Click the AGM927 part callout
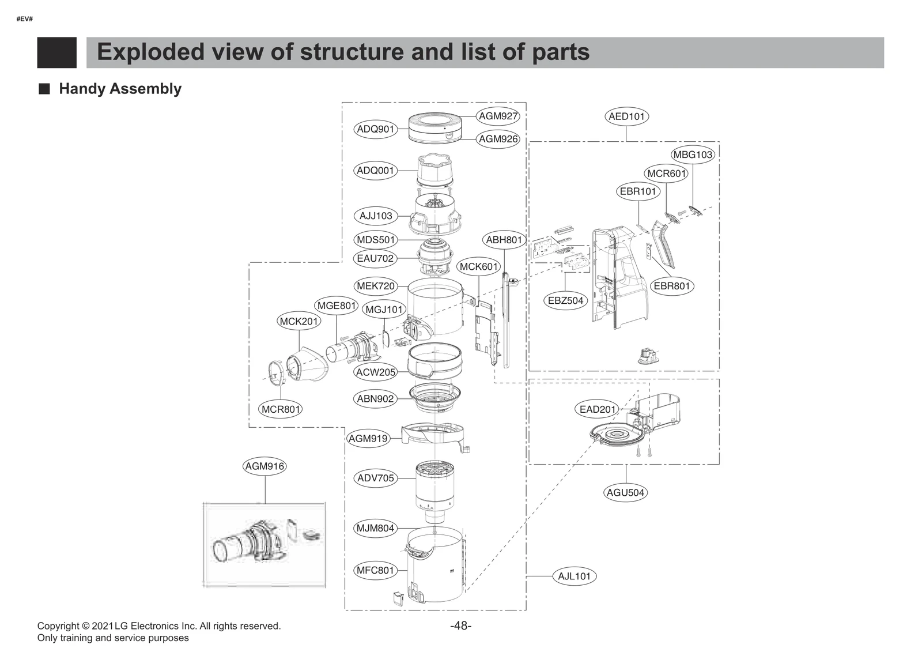498,116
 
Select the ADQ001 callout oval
375,171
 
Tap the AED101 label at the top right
627,116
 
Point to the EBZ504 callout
565,300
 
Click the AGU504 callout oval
625,492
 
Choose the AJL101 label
574,576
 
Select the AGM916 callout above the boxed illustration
264,466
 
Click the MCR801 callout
281,409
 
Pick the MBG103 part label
693,154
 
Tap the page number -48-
460,626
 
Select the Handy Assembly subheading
120,89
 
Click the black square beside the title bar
56,52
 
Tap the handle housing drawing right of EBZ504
619,277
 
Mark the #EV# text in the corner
24,19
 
